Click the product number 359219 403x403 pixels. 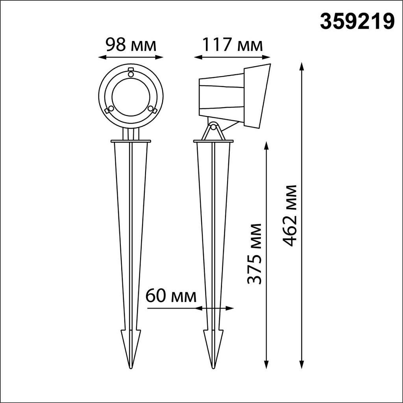click(x=357, y=22)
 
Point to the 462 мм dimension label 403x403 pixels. click(x=290, y=215)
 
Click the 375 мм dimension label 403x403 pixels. click(x=254, y=254)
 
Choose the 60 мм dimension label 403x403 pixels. click(x=171, y=296)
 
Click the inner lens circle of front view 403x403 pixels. click(x=131, y=97)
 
